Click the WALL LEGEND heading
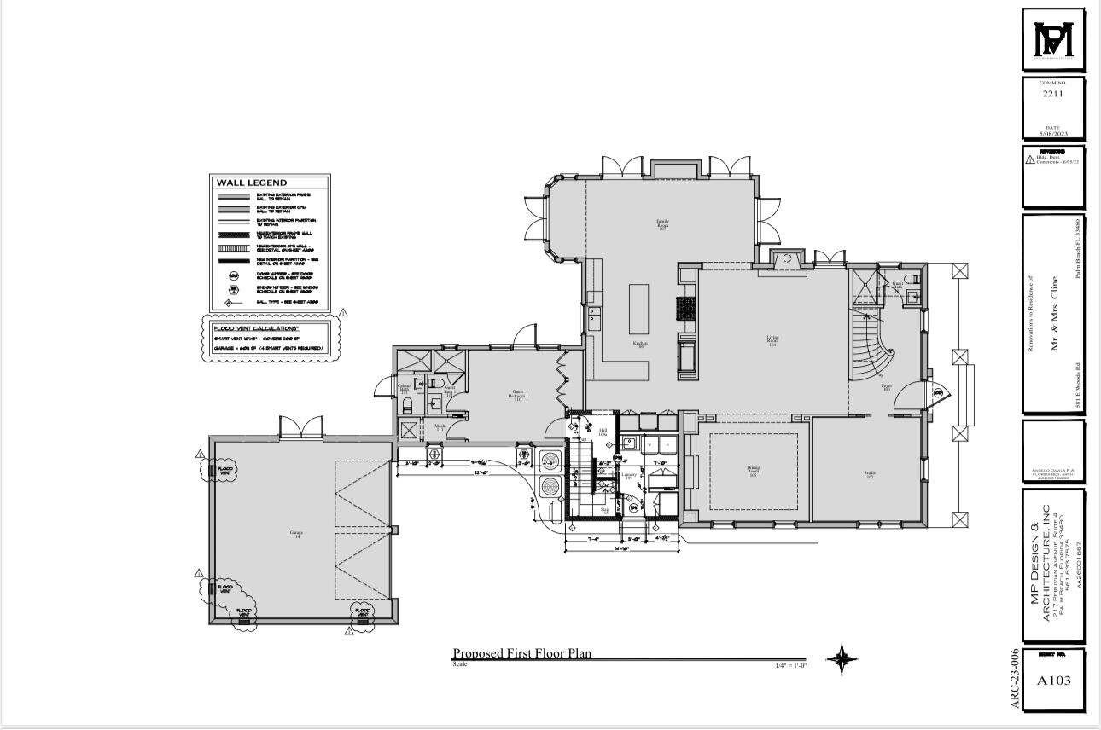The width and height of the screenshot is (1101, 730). (251, 182)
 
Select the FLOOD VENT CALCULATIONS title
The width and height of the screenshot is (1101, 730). (255, 328)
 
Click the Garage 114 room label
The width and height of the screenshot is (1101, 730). (296, 535)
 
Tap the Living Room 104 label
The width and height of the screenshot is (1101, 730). (772, 341)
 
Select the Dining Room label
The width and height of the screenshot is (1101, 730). (753, 471)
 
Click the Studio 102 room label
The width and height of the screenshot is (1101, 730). (869, 474)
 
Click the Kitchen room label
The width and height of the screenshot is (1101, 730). (639, 345)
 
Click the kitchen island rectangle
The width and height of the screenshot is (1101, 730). (640, 309)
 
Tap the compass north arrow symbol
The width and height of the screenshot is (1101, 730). (842, 658)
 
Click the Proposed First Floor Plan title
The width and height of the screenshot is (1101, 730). (521, 653)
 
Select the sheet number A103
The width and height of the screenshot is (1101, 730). (1053, 681)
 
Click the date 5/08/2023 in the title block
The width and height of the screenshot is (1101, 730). (1053, 134)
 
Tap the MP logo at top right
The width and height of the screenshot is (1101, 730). (1053, 40)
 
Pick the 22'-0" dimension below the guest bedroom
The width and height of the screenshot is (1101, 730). (481, 472)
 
